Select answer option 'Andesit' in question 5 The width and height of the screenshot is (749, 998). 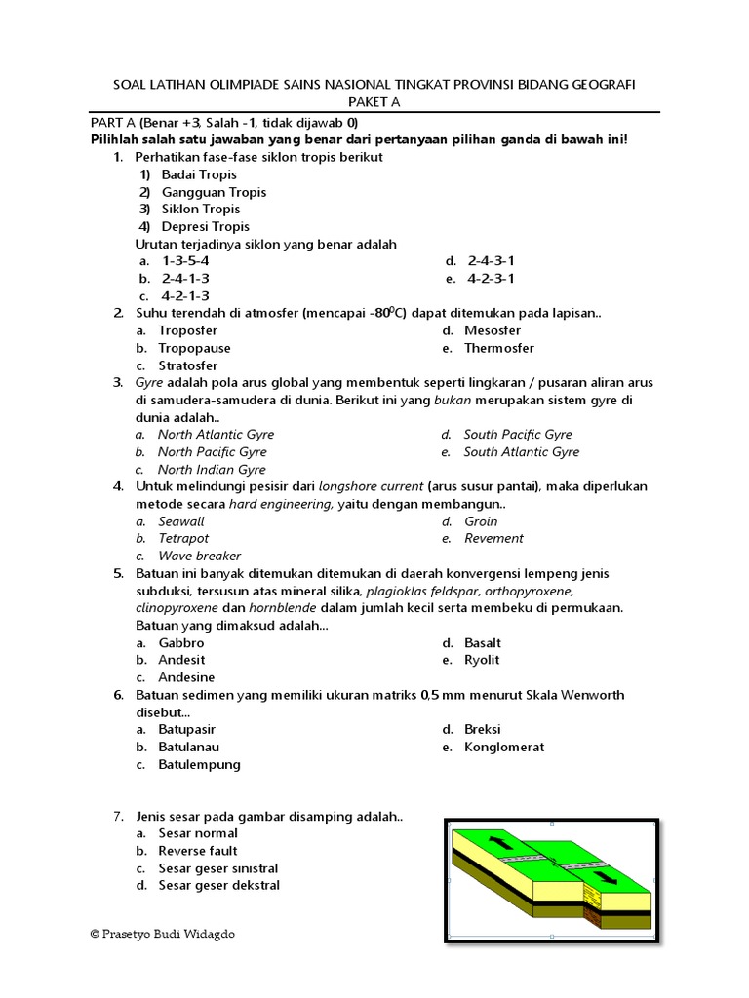coord(181,660)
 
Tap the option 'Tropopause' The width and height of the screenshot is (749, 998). coord(194,348)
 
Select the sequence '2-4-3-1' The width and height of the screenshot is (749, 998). coord(491,260)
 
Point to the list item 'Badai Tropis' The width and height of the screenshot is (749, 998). coord(199,174)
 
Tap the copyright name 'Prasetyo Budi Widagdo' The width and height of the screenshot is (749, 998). coord(168,934)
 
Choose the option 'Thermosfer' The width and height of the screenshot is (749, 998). coord(498,348)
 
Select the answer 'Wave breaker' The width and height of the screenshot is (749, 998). coord(199,556)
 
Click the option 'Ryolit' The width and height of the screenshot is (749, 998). coord(482,660)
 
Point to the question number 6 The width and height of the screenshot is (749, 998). coord(117,695)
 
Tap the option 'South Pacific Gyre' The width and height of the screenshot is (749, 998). coord(517,435)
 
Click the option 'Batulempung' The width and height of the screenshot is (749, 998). coord(199,764)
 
